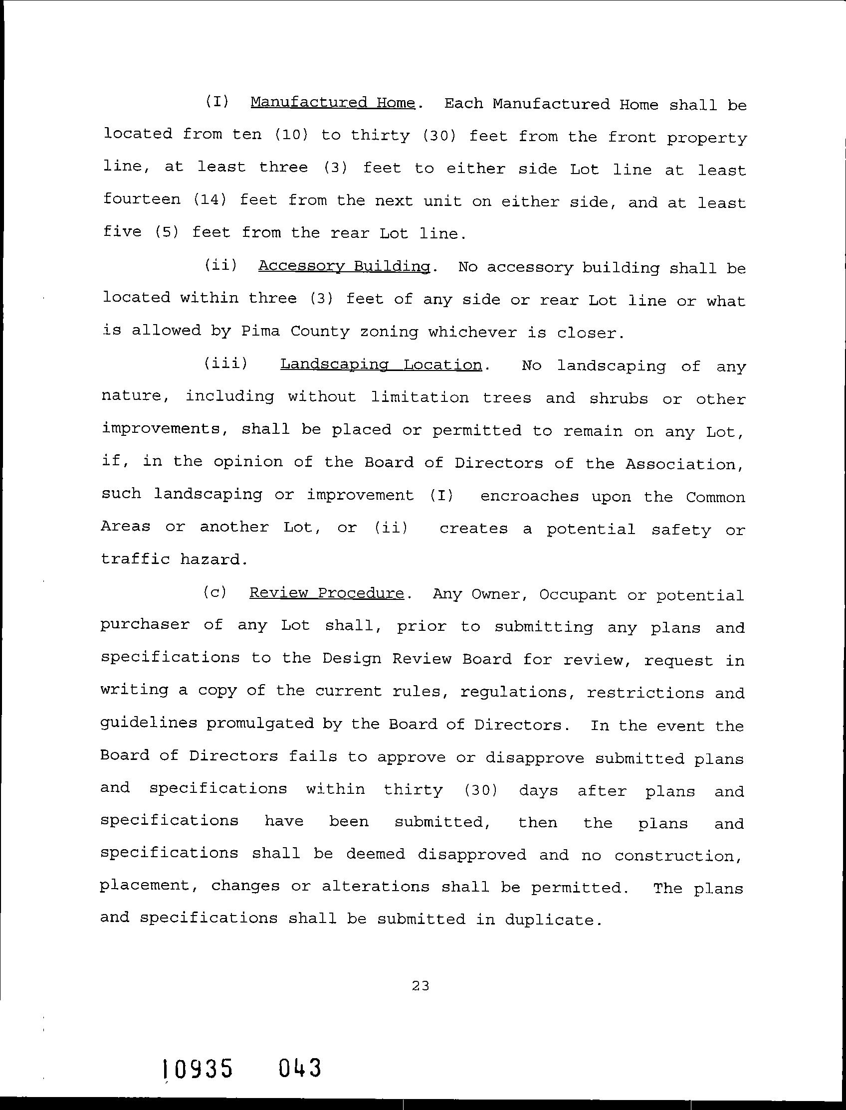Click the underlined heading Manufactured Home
click(332, 103)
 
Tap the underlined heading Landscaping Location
click(381, 365)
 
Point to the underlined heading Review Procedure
click(326, 593)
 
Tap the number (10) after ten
click(292, 135)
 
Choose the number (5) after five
click(167, 232)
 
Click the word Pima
click(260, 331)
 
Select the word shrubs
click(619, 398)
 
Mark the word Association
click(684, 464)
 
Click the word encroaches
click(529, 496)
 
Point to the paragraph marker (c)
click(215, 592)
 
